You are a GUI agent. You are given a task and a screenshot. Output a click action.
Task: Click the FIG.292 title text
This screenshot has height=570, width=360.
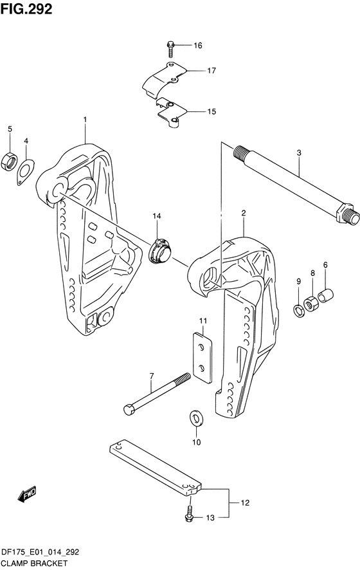(x=26, y=9)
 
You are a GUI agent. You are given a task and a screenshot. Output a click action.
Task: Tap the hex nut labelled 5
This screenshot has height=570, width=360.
(x=9, y=161)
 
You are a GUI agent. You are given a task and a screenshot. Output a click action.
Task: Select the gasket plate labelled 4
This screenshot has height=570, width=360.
(x=25, y=172)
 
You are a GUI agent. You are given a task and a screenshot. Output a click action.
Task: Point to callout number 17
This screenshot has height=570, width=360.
(x=212, y=71)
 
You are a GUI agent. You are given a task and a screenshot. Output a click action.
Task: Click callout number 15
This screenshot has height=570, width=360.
(x=212, y=111)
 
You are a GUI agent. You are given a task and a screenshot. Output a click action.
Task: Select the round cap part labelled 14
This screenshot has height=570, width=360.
(x=160, y=250)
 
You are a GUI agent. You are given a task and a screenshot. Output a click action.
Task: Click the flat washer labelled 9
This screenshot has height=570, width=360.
(x=299, y=311)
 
